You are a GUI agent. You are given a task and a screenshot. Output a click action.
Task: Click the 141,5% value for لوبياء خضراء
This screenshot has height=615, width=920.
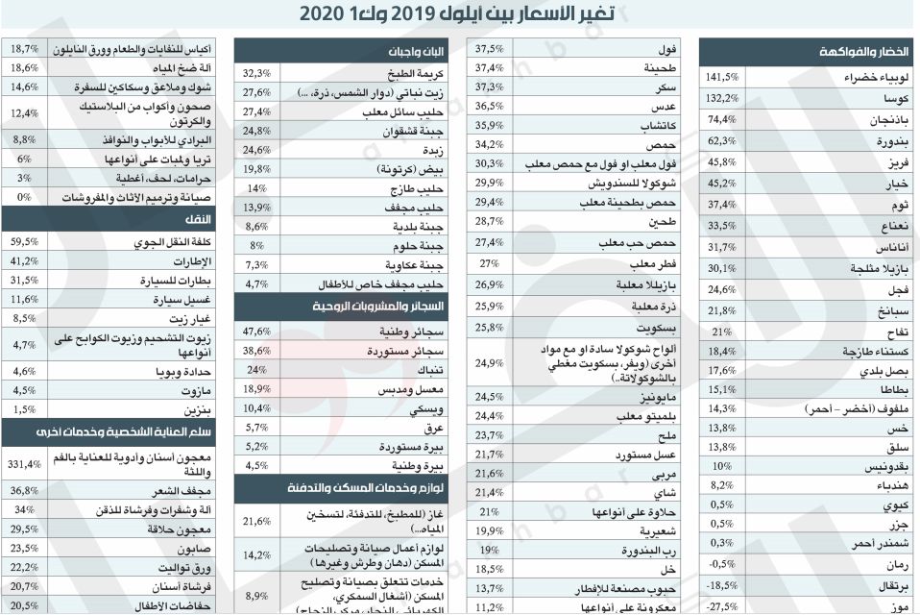coord(721,78)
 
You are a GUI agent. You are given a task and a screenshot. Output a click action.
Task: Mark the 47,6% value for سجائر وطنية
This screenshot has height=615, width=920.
coord(257,330)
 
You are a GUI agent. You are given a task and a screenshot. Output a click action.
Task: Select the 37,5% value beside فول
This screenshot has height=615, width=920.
coord(489,48)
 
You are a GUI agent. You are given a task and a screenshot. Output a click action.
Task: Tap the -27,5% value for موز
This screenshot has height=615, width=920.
coord(721,605)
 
